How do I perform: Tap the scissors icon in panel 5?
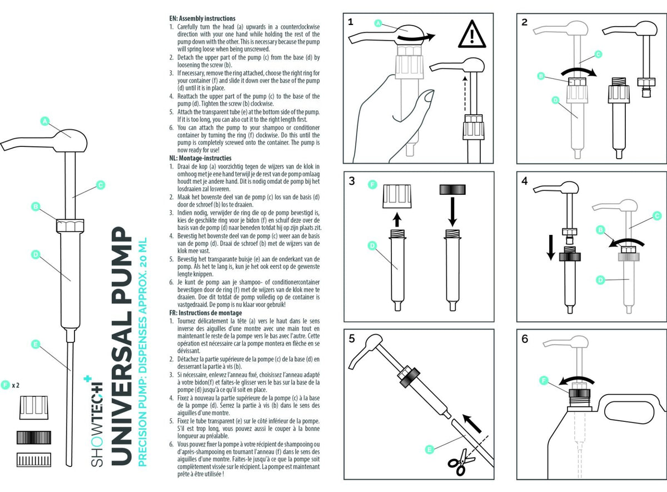tap(457, 464)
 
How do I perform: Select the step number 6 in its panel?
tap(525, 339)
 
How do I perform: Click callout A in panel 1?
tap(377, 23)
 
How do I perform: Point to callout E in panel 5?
tap(428, 448)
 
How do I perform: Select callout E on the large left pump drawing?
tap(35, 345)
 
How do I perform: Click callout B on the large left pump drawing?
tap(36, 206)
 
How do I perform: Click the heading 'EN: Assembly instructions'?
tap(202, 18)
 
